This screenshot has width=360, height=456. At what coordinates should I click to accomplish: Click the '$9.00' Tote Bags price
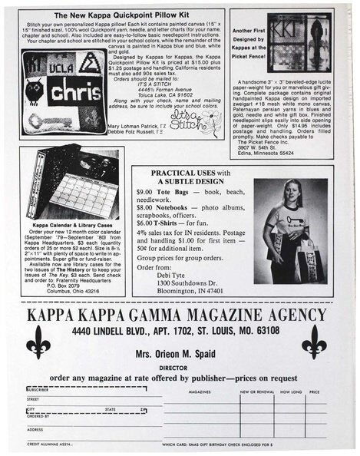click(x=144, y=191)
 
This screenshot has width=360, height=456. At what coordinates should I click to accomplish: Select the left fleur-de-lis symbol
click(x=38, y=341)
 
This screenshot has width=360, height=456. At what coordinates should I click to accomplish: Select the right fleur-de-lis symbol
click(x=312, y=341)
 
